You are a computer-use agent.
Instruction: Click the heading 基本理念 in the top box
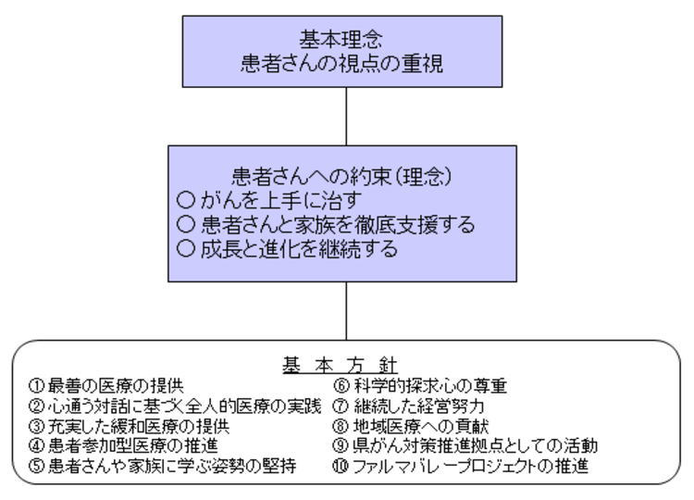[341, 40]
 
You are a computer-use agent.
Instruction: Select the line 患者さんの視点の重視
[341, 63]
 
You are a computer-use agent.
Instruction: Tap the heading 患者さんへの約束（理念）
[341, 176]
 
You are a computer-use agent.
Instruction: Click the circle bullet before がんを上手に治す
[185, 200]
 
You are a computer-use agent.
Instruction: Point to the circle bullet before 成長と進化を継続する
[185, 248]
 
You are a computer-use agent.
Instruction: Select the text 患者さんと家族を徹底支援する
[338, 224]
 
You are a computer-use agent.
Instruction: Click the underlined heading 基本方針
[340, 366]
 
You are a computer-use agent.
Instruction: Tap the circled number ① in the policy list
[37, 386]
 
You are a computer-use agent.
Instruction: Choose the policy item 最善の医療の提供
[116, 386]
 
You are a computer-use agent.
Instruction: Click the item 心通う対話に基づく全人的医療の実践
[184, 406]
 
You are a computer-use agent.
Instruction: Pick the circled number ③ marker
[37, 426]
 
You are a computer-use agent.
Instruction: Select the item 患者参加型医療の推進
[132, 445]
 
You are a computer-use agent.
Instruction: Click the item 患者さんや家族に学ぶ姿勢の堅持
[172, 466]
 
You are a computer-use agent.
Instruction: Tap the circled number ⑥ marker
[341, 386]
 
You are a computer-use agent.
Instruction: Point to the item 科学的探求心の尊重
[429, 386]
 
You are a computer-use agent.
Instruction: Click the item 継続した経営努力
[418, 406]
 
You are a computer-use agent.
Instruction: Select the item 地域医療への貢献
[421, 426]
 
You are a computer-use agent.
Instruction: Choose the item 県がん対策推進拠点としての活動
[476, 445]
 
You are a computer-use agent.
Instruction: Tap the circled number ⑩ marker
[341, 466]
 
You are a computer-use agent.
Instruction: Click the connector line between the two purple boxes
[346, 117]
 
